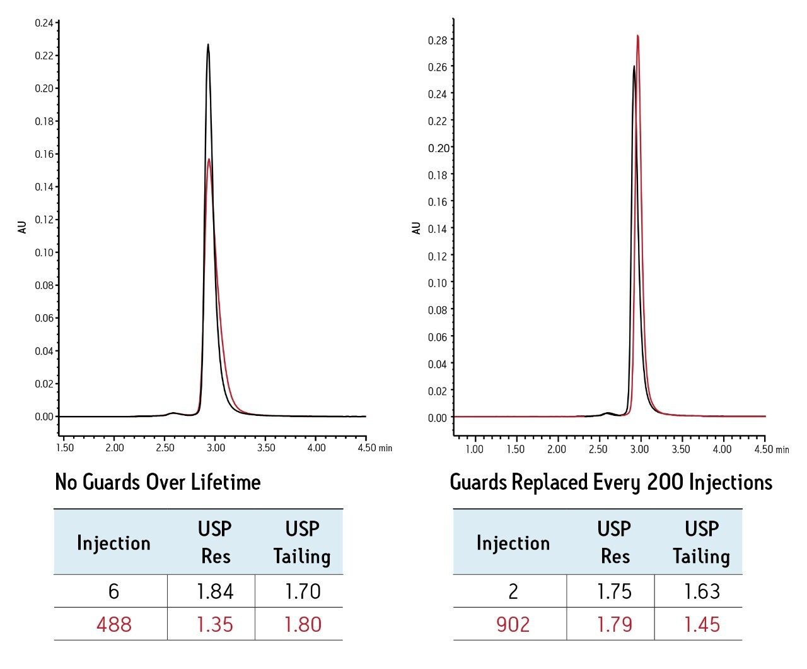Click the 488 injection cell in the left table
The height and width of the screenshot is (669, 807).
(113, 624)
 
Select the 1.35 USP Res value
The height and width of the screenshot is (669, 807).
(214, 624)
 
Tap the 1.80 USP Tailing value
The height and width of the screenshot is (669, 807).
(303, 624)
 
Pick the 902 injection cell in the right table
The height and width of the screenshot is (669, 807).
(513, 624)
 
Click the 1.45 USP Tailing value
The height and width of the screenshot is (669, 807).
(702, 624)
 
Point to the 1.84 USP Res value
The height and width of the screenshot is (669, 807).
(214, 591)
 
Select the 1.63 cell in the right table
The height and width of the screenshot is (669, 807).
(702, 591)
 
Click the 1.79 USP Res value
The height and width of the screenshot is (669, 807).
(614, 624)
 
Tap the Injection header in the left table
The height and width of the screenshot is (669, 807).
(113, 543)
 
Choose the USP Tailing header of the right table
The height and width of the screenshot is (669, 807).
(701, 542)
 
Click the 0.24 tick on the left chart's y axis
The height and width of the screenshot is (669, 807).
(44, 23)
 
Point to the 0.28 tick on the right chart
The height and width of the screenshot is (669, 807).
(437, 40)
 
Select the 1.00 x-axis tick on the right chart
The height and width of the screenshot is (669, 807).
(474, 449)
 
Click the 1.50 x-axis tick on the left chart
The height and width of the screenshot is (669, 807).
(64, 448)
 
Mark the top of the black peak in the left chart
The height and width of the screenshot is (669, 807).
(208, 45)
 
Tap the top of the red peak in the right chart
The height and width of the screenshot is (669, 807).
(637, 36)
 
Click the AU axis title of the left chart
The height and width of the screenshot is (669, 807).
(23, 227)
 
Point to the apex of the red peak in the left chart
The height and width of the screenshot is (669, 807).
(209, 159)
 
